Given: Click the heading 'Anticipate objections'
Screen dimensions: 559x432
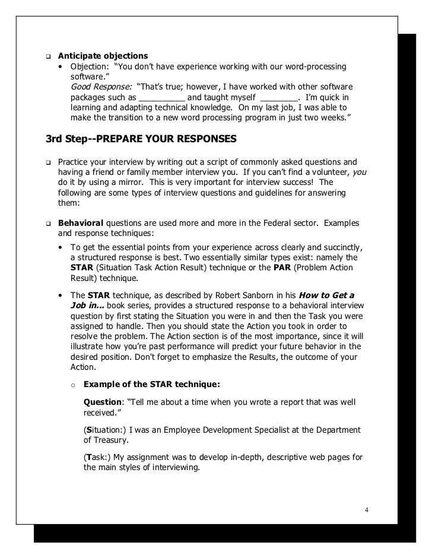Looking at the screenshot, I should pos(102,56).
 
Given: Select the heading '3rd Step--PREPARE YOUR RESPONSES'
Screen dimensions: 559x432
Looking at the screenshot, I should pos(141,140).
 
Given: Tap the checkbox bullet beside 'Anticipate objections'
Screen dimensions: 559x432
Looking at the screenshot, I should pos(49,57).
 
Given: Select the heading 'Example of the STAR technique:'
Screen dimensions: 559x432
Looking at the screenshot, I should pos(152,384).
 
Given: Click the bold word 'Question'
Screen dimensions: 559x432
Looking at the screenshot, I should pos(102,402).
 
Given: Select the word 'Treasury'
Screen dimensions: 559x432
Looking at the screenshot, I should pos(113,440).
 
